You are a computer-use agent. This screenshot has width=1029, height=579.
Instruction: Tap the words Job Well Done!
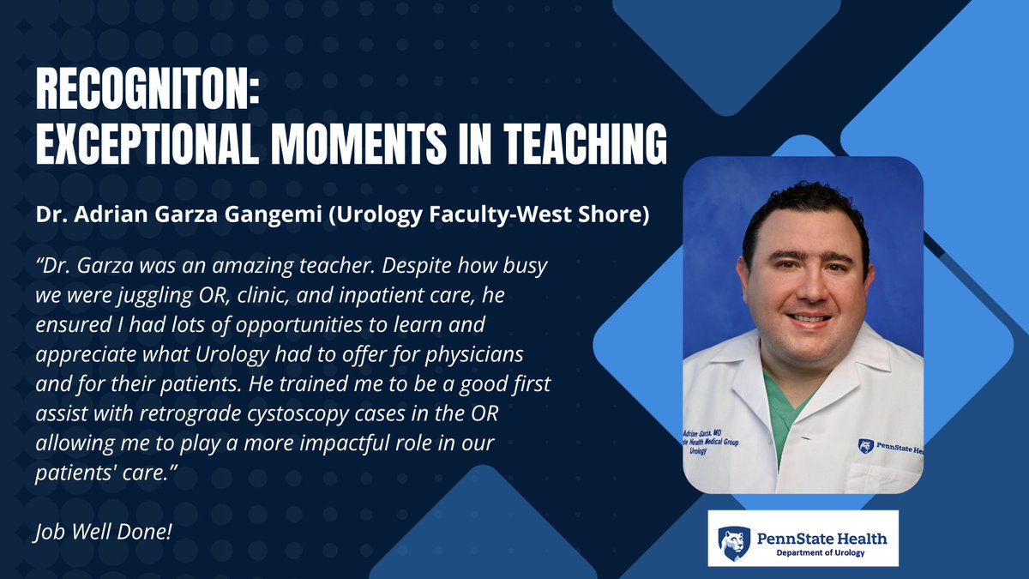104,532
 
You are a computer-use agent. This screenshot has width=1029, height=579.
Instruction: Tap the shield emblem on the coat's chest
864,446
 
